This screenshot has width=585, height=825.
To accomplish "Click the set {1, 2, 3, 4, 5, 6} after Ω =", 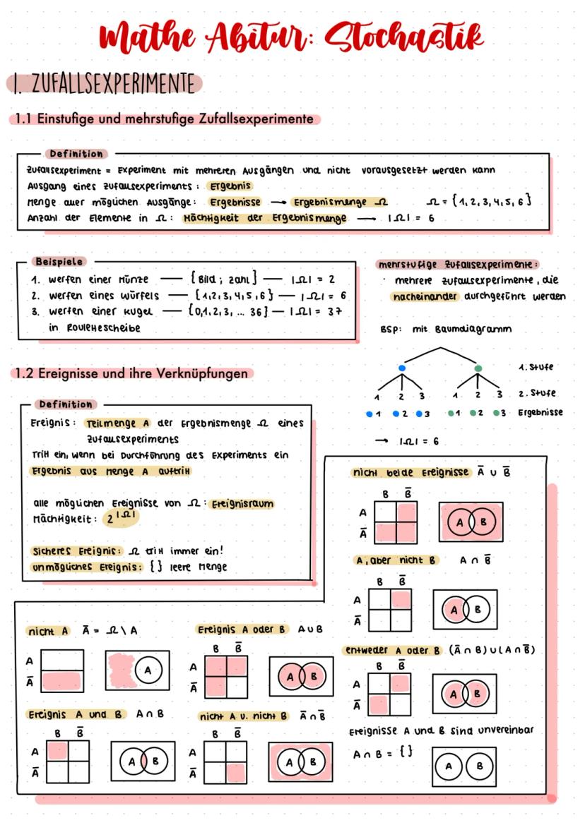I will (495, 202).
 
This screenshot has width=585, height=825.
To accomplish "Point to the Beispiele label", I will (59, 262).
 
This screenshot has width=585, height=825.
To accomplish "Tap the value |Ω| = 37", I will (317, 311).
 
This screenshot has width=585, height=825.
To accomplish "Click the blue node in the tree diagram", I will (401, 368).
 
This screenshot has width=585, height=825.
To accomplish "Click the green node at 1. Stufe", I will (478, 368).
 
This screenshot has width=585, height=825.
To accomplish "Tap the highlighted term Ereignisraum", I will (241, 504).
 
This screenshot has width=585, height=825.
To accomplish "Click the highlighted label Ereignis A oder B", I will (242, 630).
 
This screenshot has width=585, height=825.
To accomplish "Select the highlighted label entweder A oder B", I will (392, 650).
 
